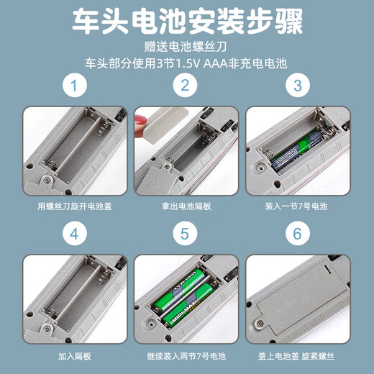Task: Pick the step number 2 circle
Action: pos(186,87)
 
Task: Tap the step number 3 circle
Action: pos(298,87)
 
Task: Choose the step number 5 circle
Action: pos(186,234)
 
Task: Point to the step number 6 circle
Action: pos(298,234)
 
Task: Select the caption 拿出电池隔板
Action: pos(186,206)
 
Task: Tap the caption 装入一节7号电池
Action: pos(298,206)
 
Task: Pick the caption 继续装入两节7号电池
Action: pos(186,355)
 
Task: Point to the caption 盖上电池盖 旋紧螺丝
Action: pos(298,355)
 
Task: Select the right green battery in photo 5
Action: pos(198,296)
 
